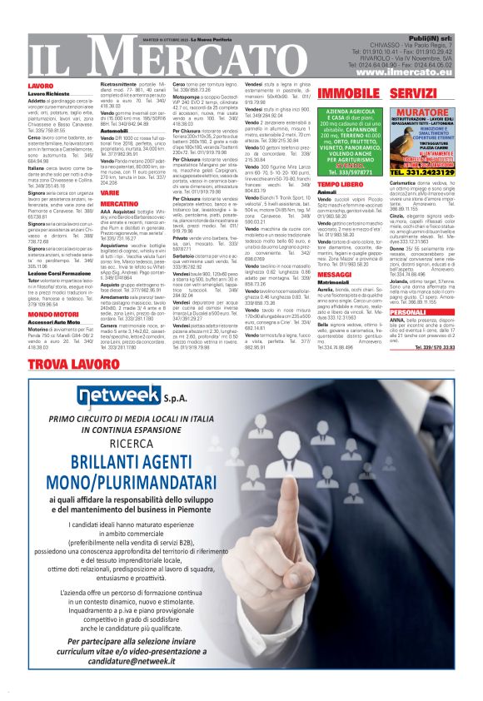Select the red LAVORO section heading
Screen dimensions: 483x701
40,86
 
